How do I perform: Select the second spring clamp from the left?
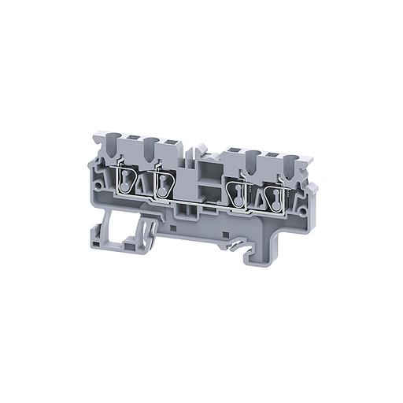pos(163,185)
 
